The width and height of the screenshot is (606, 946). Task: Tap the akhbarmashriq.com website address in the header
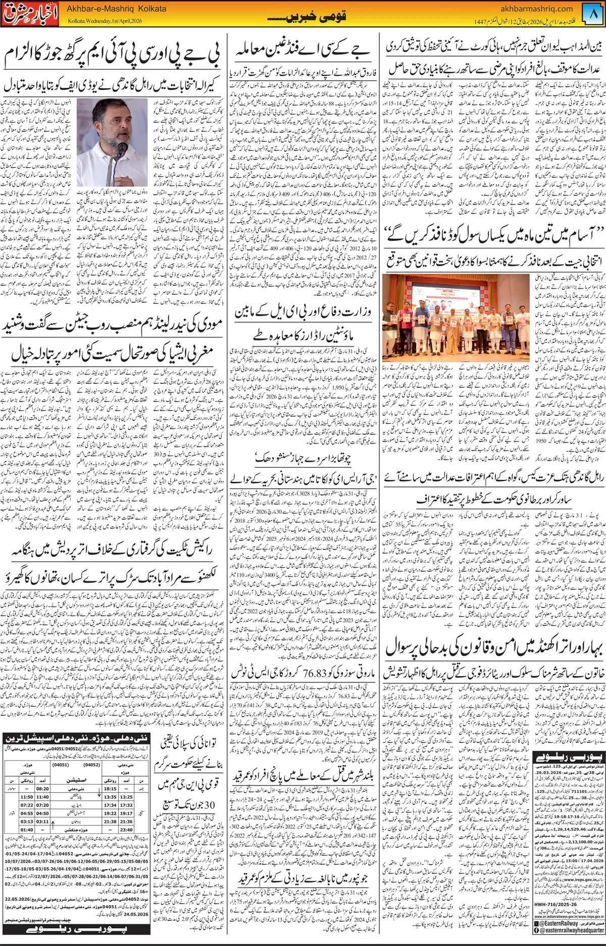536,9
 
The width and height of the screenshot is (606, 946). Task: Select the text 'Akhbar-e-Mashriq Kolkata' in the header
117,9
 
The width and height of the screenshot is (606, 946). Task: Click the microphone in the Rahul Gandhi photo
122,148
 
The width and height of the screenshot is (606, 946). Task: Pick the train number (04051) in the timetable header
61,765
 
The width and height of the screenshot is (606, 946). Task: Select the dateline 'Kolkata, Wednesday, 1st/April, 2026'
105,21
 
